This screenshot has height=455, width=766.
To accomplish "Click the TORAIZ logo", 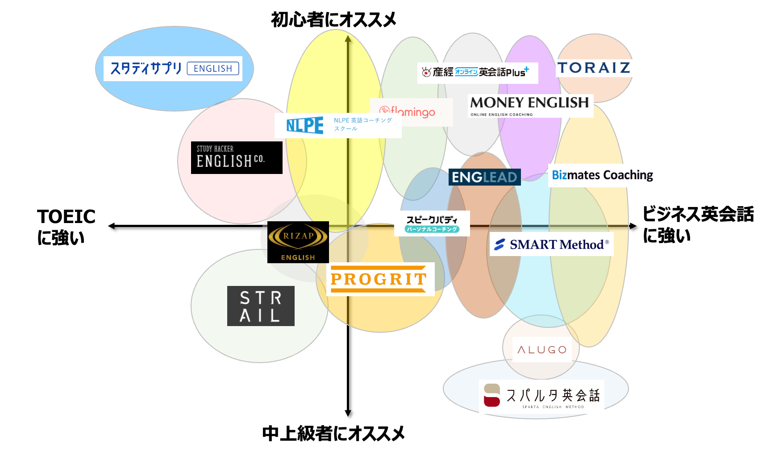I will [594, 68].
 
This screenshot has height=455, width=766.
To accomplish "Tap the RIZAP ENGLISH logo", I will [298, 242].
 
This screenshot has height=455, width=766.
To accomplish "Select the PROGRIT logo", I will [379, 279].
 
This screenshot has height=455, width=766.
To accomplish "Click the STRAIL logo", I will [261, 306].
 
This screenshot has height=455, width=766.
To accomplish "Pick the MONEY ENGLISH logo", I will [530, 105].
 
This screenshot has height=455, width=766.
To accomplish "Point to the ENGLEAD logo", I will [484, 177].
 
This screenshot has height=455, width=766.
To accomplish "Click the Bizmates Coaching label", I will [602, 175].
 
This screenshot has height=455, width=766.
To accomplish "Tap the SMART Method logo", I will [551, 244].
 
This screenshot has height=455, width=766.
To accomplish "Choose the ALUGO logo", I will [542, 350].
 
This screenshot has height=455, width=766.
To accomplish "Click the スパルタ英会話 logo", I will [541, 396].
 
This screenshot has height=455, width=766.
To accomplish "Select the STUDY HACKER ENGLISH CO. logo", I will [237, 157].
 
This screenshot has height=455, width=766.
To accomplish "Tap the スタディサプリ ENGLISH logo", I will [173, 68].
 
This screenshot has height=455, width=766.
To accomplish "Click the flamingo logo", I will [407, 112].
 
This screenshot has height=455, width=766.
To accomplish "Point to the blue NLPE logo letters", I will [305, 126].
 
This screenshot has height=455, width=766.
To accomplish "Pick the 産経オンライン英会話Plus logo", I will [477, 72].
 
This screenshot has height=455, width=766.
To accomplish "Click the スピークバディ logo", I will [432, 223].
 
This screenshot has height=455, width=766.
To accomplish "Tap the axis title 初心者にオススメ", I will [333, 20].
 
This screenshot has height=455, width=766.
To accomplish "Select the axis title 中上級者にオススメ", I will [333, 433].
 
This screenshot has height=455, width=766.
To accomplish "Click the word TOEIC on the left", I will [66, 217].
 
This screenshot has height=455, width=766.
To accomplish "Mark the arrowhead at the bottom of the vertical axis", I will [348, 413].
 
